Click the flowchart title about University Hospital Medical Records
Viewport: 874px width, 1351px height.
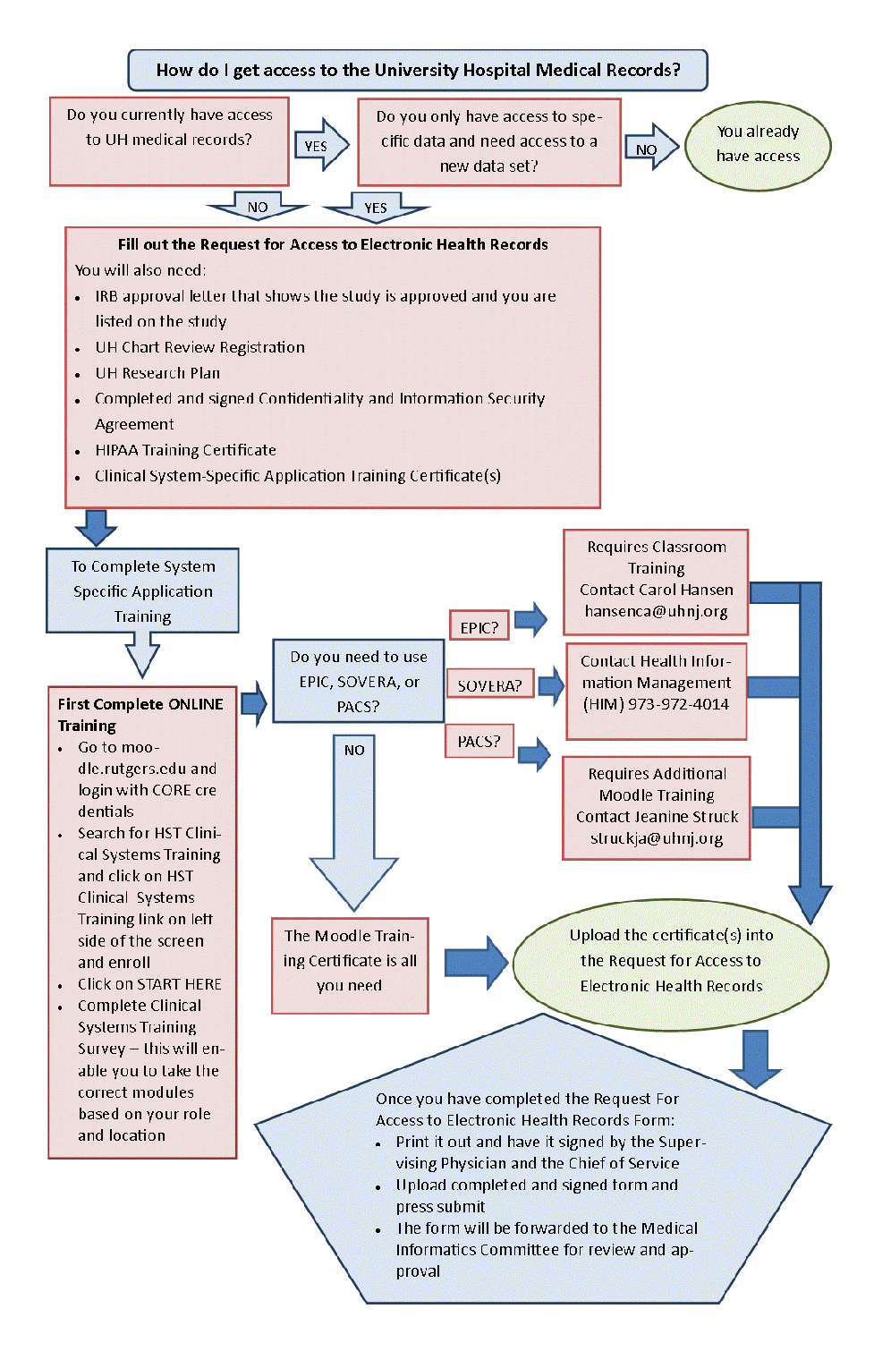click(x=418, y=70)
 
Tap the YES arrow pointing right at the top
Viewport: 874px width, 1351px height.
click(x=319, y=145)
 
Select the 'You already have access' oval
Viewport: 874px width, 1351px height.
click(x=758, y=144)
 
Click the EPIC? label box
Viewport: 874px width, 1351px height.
click(x=479, y=627)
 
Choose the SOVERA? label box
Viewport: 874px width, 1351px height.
click(x=489, y=685)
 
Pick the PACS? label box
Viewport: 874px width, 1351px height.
click(x=479, y=742)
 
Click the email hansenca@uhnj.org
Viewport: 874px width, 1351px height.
click(x=656, y=611)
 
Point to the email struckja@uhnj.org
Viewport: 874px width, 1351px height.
click(x=656, y=838)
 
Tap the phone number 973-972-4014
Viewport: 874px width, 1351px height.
click(x=678, y=704)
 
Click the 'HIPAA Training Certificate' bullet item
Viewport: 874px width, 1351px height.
click(x=185, y=450)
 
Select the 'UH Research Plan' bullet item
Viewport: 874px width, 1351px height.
click(x=157, y=373)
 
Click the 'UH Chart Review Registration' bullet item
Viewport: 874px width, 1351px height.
click(x=199, y=347)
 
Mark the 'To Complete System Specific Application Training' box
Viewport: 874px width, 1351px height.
click(x=142, y=591)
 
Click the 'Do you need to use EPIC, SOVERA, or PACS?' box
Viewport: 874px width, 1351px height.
click(x=358, y=681)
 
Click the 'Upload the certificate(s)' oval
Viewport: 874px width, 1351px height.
click(x=671, y=960)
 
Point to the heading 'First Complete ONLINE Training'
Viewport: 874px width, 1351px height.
click(x=140, y=714)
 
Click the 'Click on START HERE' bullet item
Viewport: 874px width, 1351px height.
click(x=149, y=984)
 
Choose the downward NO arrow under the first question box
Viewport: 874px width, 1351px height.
click(x=258, y=207)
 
